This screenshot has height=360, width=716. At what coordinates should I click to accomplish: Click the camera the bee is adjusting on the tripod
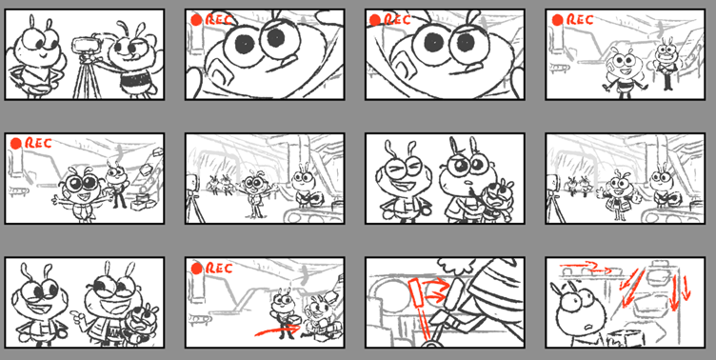tap(87, 45)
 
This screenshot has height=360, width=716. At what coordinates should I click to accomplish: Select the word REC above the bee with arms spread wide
tap(38, 143)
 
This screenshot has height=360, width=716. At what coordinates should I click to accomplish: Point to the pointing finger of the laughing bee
tap(75, 315)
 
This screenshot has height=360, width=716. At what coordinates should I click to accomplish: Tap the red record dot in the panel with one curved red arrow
tap(197, 269)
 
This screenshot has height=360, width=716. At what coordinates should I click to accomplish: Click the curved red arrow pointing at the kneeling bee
tap(277, 330)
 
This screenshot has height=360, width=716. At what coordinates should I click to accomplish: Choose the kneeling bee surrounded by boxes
tap(320, 320)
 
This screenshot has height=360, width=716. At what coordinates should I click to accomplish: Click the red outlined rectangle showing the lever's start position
tap(416, 293)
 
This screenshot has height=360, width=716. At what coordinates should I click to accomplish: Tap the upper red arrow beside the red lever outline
tap(435, 283)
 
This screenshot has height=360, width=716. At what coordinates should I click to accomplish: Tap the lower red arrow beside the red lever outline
tap(435, 299)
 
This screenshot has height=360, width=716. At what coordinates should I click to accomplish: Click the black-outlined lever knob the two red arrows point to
tap(457, 292)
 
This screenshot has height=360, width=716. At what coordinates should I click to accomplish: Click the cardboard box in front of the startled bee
tap(626, 337)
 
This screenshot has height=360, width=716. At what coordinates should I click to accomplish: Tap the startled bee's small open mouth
tap(589, 327)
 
